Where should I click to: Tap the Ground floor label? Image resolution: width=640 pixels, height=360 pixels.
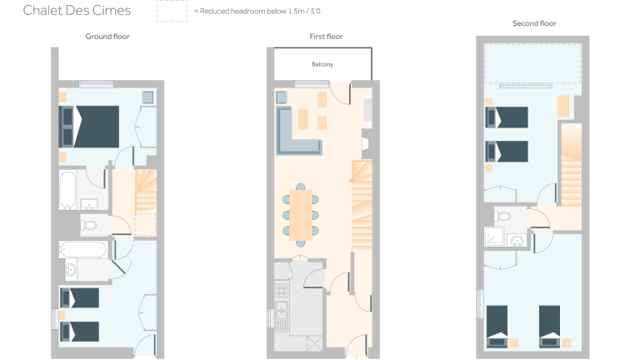[x=107, y=37]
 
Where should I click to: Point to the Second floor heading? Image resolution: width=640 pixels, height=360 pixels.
[x=534, y=24]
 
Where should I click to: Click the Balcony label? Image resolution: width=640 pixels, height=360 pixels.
[x=322, y=64]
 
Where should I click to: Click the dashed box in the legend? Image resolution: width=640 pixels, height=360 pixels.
[x=172, y=11]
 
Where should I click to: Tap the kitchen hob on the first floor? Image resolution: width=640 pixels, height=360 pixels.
[x=282, y=291]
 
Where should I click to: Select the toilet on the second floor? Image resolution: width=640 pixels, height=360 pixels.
[x=503, y=216]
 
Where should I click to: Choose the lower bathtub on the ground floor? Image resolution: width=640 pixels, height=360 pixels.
[x=84, y=249]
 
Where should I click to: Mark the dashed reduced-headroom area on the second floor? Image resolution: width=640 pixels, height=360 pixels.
[x=533, y=63]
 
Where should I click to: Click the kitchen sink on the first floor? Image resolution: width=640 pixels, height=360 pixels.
[x=282, y=315]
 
